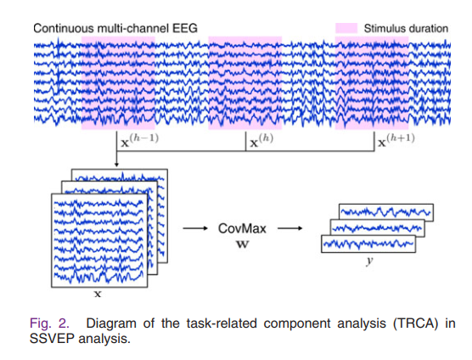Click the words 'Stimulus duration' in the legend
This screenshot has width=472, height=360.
pos(406,28)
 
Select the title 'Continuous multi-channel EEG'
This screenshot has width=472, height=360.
pos(115,28)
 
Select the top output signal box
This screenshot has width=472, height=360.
pos(386,212)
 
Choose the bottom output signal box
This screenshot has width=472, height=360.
pos(368,245)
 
